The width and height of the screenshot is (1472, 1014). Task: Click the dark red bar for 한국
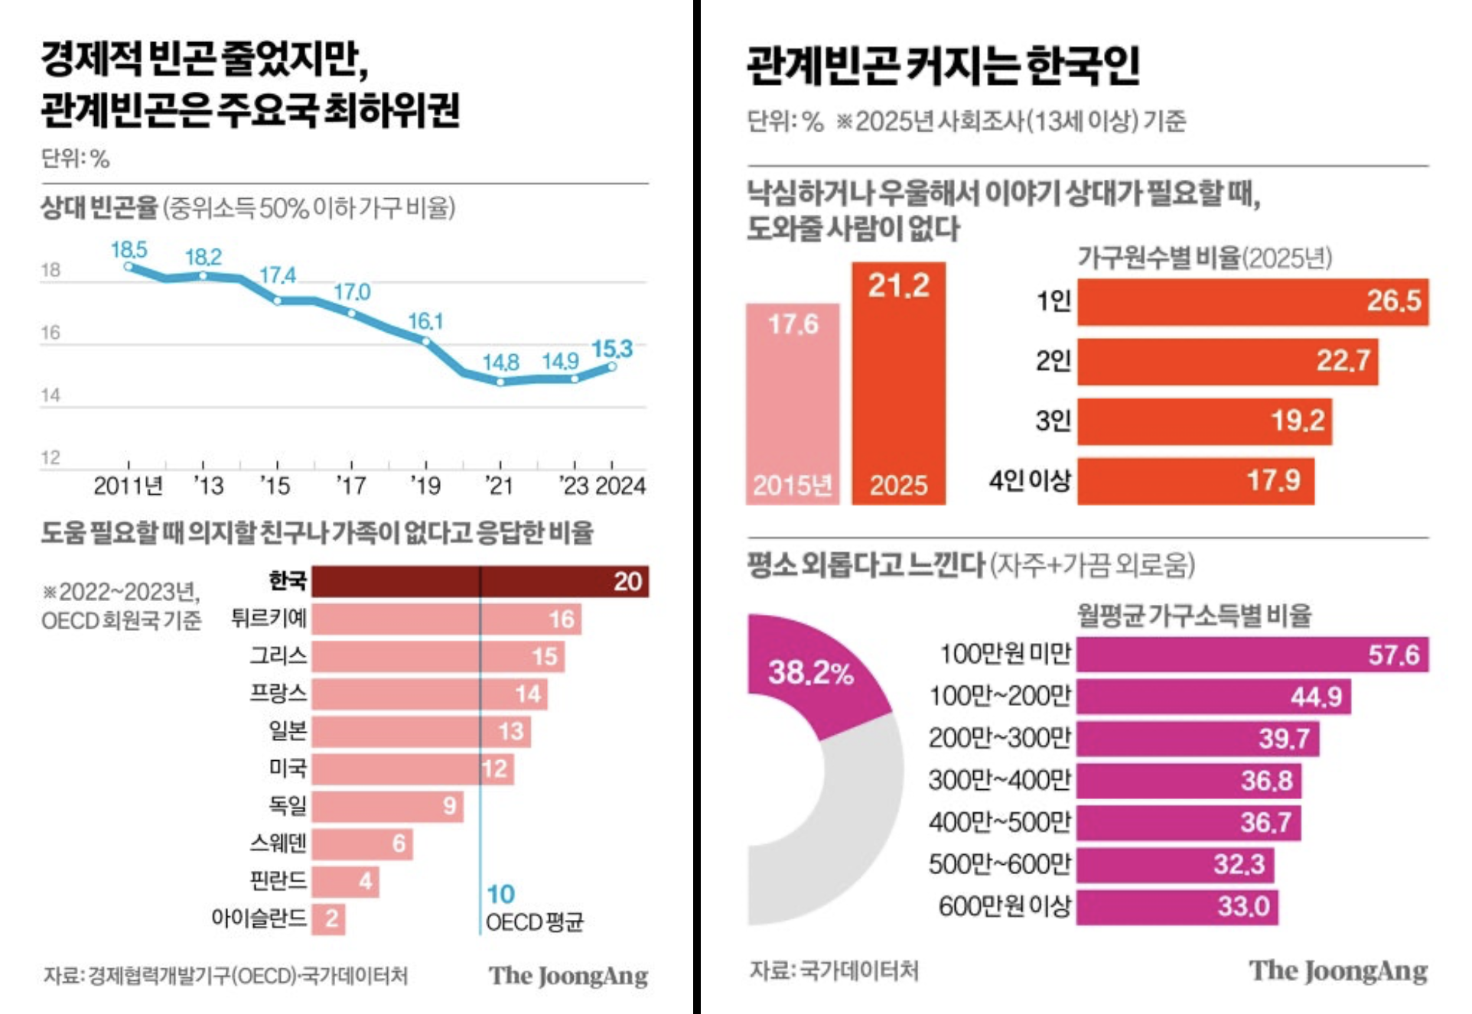click(x=480, y=581)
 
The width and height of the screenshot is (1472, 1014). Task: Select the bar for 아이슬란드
click(x=328, y=918)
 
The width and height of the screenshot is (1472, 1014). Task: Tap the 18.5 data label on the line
click(x=129, y=249)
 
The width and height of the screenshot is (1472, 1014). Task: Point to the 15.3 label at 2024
click(x=612, y=349)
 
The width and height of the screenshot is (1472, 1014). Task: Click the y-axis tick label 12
click(x=50, y=457)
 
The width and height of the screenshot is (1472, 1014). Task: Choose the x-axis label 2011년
click(x=128, y=486)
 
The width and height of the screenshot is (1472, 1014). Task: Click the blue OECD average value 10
click(x=500, y=893)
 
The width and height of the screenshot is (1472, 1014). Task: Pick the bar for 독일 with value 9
click(x=387, y=806)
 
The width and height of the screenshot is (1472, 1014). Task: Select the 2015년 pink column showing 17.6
click(x=793, y=404)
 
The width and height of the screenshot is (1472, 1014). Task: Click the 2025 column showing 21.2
click(x=898, y=382)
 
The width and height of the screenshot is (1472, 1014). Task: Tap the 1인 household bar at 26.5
click(x=1252, y=301)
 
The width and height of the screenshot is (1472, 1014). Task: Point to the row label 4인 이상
click(x=1030, y=480)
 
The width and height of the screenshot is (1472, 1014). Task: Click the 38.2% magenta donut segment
click(x=811, y=673)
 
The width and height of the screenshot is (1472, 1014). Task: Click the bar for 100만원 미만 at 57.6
click(x=1252, y=655)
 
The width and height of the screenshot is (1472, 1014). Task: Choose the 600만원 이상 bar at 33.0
click(x=1177, y=906)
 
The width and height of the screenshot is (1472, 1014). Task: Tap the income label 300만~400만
click(x=999, y=780)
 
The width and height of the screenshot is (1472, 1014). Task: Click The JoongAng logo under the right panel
click(x=1338, y=970)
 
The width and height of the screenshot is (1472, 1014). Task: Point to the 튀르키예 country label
click(x=269, y=618)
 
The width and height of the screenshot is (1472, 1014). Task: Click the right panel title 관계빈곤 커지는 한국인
click(x=943, y=66)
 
